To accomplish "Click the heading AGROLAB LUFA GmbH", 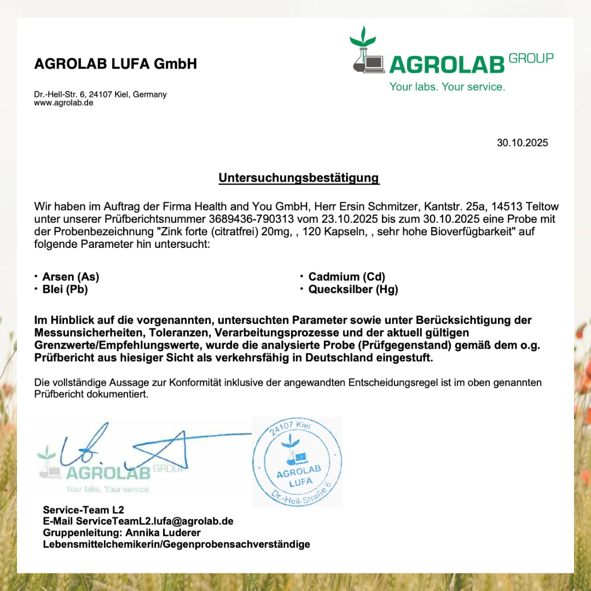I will click(x=115, y=64).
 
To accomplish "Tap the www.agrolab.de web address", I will click(x=63, y=103).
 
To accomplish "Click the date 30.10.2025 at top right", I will click(x=522, y=143).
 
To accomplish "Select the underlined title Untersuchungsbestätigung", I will click(x=299, y=178).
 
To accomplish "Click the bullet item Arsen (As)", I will click(x=71, y=277).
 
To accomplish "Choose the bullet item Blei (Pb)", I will click(x=65, y=289).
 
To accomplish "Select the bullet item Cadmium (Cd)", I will click(x=346, y=277).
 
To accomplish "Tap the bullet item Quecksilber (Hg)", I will click(x=353, y=289).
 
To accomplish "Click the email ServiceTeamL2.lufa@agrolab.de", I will click(x=155, y=521).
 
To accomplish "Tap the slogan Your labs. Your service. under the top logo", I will click(x=447, y=86).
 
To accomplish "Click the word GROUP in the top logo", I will click(x=531, y=58).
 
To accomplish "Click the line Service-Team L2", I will click(x=83, y=510).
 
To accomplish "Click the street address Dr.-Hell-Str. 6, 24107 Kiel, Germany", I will click(x=100, y=94).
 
